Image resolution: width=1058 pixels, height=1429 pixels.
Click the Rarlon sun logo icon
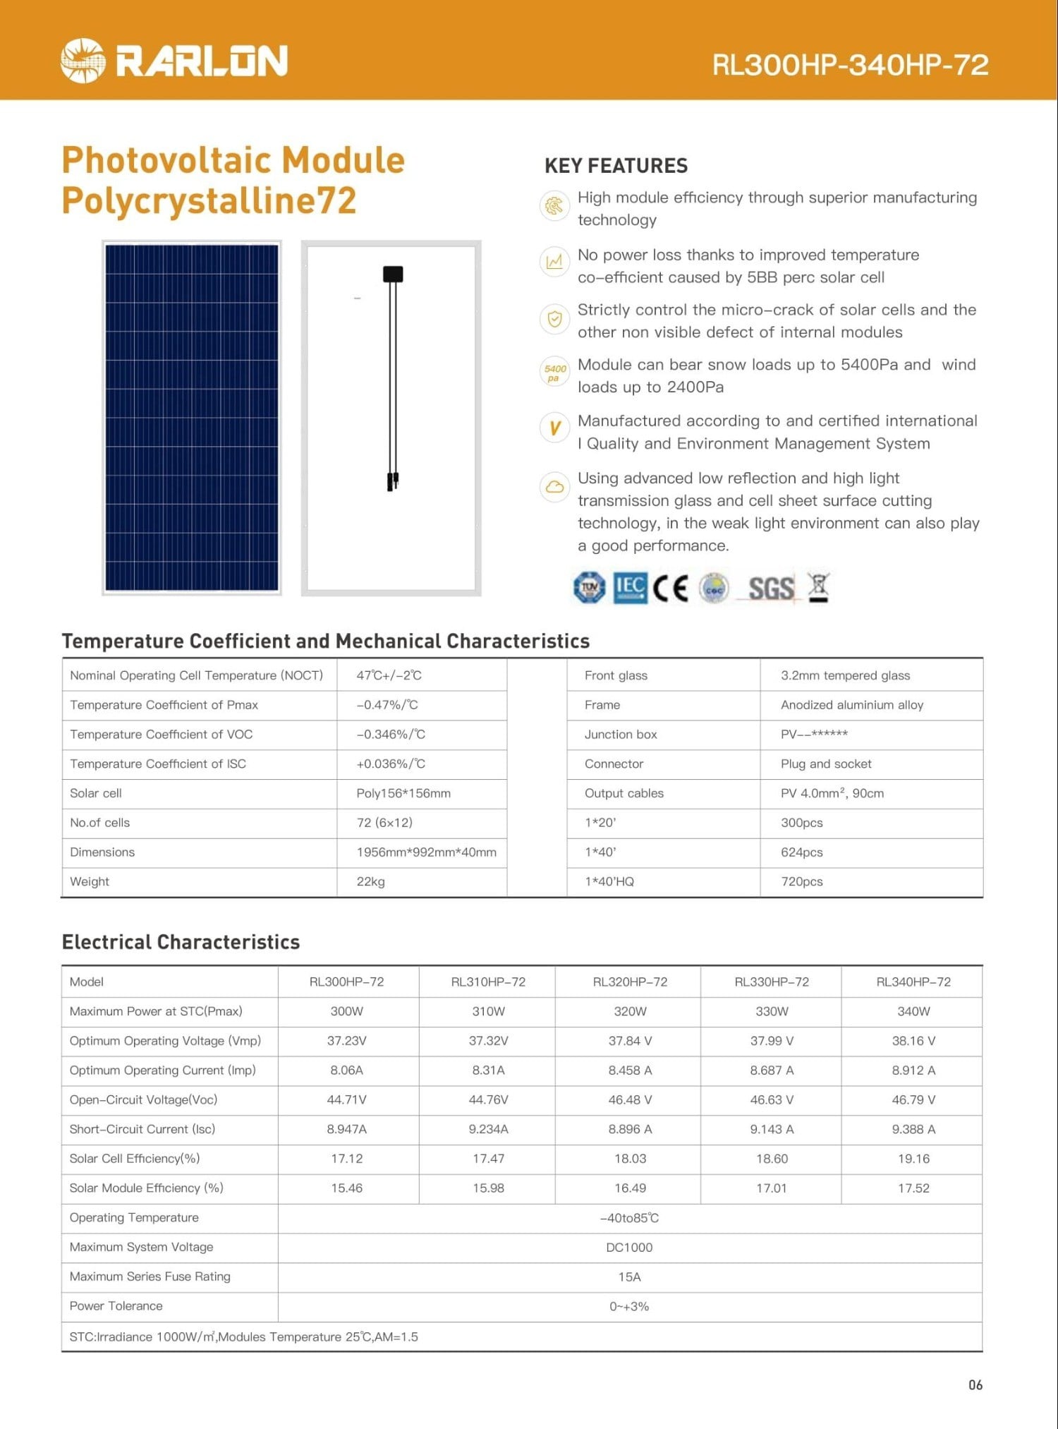point(83,61)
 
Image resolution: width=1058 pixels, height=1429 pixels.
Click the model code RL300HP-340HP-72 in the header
point(850,65)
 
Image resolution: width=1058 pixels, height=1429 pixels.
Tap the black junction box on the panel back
point(393,274)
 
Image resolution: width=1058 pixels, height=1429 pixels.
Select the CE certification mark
point(670,588)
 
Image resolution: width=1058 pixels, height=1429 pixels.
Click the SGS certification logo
point(771,588)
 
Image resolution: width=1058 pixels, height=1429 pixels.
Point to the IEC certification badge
point(630,588)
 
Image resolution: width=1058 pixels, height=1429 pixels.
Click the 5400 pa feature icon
point(555,373)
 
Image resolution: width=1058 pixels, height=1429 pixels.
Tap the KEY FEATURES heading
point(616,166)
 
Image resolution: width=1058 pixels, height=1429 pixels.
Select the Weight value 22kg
point(371,881)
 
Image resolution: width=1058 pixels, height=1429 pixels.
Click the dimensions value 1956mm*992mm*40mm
point(426,852)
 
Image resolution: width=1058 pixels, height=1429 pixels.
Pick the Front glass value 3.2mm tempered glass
point(845,675)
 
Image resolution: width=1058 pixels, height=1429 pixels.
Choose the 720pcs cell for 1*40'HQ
point(802,881)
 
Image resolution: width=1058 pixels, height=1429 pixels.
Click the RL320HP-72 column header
point(630,982)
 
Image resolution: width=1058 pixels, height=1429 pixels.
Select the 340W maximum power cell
point(913,1011)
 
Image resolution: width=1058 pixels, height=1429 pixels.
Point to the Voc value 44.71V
point(347,1099)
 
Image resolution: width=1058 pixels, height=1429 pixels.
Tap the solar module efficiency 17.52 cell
point(913,1188)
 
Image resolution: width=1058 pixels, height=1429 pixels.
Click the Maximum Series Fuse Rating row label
point(150,1277)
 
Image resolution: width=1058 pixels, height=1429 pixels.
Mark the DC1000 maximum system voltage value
point(629,1247)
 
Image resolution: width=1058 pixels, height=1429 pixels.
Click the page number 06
point(975,1385)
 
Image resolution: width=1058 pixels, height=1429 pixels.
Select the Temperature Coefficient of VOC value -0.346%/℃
point(391,734)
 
